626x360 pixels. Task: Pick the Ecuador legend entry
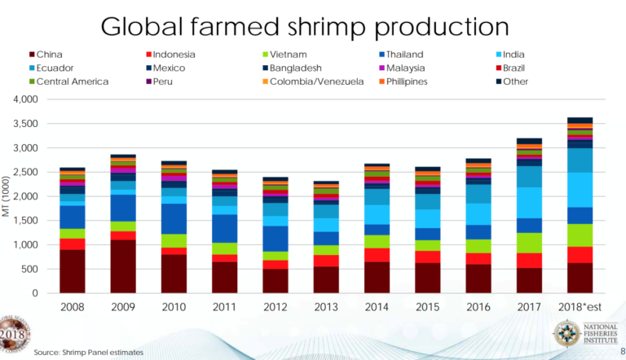coord(50,68)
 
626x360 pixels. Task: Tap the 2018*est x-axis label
coord(580,308)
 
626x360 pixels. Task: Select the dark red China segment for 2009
coord(123,266)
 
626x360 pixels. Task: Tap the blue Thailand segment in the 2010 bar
coord(174,218)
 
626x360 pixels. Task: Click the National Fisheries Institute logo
coord(568,334)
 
